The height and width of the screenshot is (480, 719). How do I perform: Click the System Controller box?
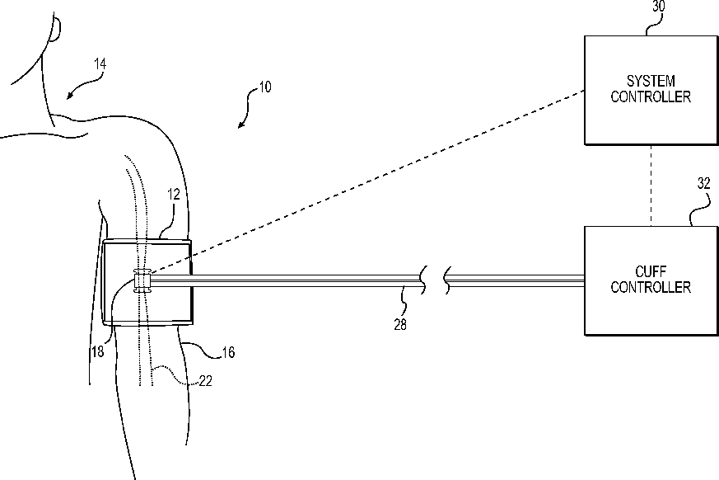tap(650, 90)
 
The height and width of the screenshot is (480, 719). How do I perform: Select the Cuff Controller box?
tap(650, 280)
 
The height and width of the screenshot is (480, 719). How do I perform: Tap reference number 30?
tap(659, 6)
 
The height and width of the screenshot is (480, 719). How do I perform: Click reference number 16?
tap(228, 352)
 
